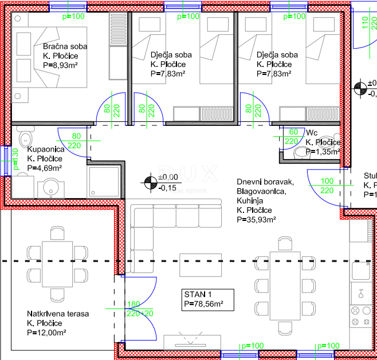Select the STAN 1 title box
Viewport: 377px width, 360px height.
click(x=203, y=299)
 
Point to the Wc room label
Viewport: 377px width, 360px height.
click(x=312, y=132)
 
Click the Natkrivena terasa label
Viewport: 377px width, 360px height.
click(x=58, y=314)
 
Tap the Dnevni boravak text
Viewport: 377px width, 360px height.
click(x=265, y=183)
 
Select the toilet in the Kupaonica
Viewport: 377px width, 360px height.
click(x=26, y=139)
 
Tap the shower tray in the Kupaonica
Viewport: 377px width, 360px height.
click(x=104, y=181)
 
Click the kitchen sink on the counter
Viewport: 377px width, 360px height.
click(x=362, y=294)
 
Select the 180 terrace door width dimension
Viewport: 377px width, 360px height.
click(x=133, y=304)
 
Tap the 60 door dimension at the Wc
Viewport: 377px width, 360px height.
click(x=291, y=132)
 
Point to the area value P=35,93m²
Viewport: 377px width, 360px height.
click(x=257, y=219)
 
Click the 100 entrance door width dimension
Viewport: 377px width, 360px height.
click(x=327, y=181)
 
